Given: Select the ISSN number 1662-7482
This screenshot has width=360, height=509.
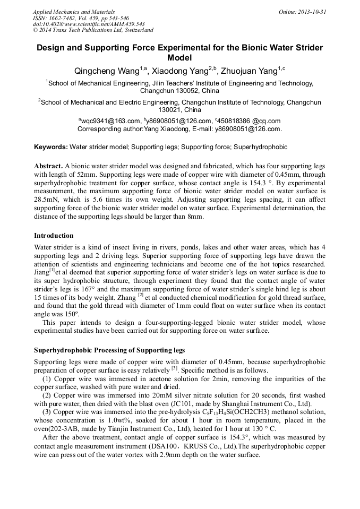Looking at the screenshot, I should pos(63,18).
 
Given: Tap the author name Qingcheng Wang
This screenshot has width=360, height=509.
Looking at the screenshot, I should pos(106,71).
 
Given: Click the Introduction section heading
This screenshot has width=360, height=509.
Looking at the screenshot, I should pos(54,236).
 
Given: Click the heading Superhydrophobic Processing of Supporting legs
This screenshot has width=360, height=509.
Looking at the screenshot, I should pos(109,350).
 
